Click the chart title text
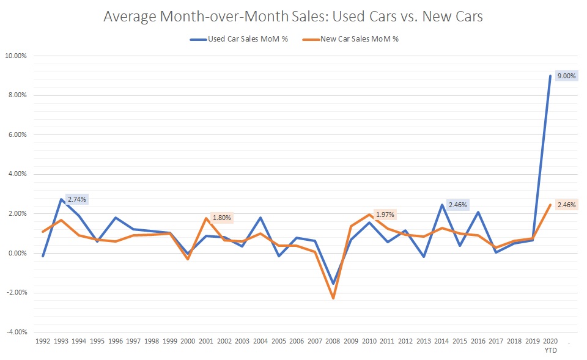click(293, 17)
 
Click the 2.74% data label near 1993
click(78, 200)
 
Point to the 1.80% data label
click(222, 218)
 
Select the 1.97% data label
click(384, 214)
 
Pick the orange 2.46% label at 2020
click(566, 205)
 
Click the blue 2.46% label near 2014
click(457, 205)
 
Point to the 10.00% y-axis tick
click(16, 56)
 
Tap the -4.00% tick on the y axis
click(16, 332)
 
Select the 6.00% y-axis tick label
click(17, 134)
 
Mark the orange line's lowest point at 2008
click(333, 298)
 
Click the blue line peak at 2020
click(550, 76)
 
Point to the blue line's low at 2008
click(333, 283)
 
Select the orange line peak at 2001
click(206, 218)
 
